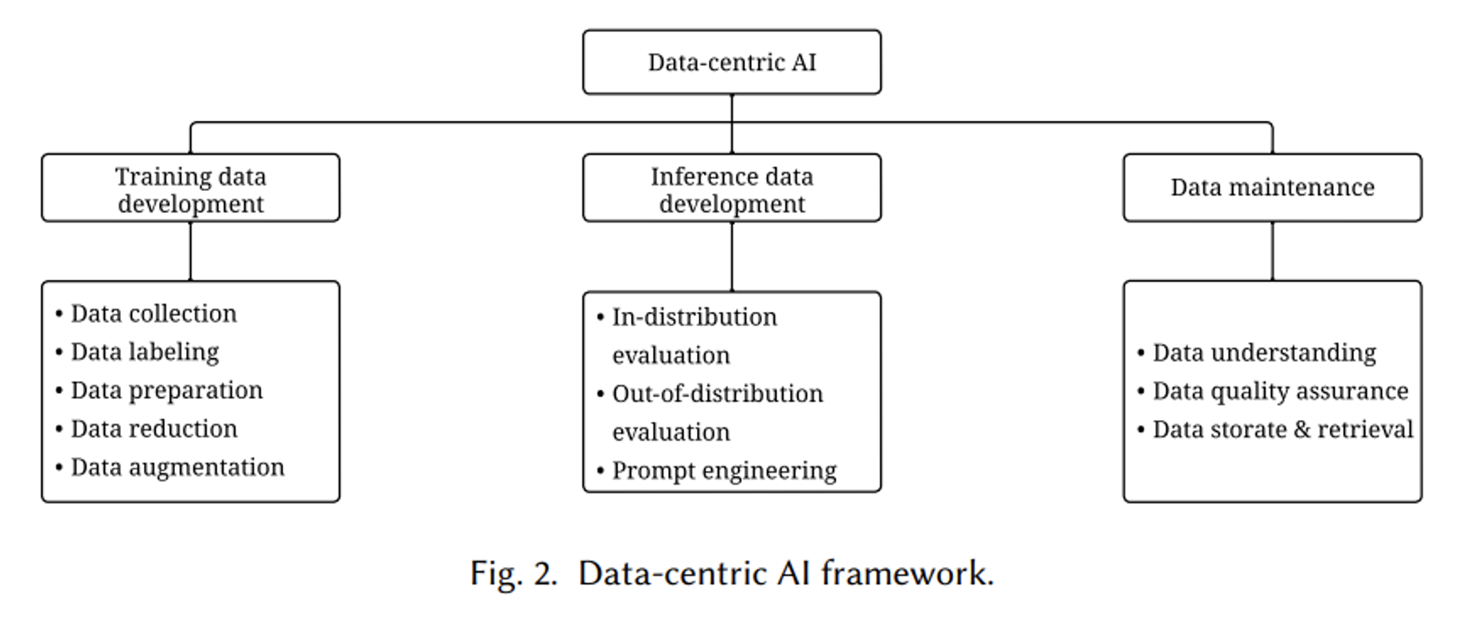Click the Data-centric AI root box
point(731,62)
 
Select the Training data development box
point(190,189)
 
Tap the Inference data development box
point(731,189)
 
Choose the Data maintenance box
point(1271,188)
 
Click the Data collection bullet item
point(154,313)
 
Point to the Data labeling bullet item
point(145,352)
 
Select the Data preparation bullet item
point(166,390)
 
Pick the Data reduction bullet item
point(154,429)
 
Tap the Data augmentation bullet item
point(177,467)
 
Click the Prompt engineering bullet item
point(724,470)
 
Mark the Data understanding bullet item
point(1264,352)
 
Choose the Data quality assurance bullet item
point(1280,391)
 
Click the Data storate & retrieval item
point(1282,430)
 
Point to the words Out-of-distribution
point(718,394)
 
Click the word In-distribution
point(694,317)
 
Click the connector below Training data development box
point(190,251)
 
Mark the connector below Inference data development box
point(731,256)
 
